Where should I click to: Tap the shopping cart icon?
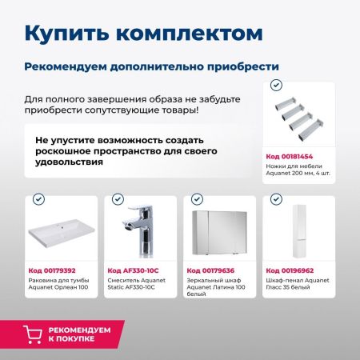(x=33, y=334)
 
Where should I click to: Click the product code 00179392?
(x=50, y=271)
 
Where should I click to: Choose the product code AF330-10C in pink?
(x=132, y=271)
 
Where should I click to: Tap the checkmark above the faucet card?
(x=118, y=198)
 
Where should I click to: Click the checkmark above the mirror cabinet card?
(x=196, y=198)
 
